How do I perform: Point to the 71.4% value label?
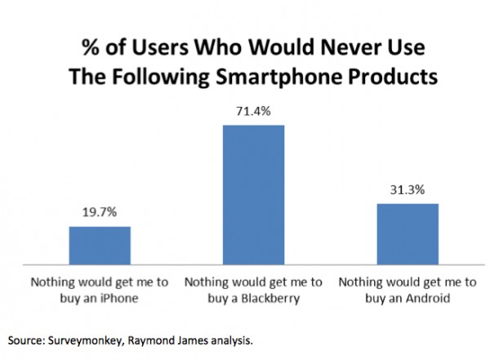point(253,112)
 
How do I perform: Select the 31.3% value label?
point(408,191)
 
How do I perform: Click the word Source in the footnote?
point(29,339)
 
